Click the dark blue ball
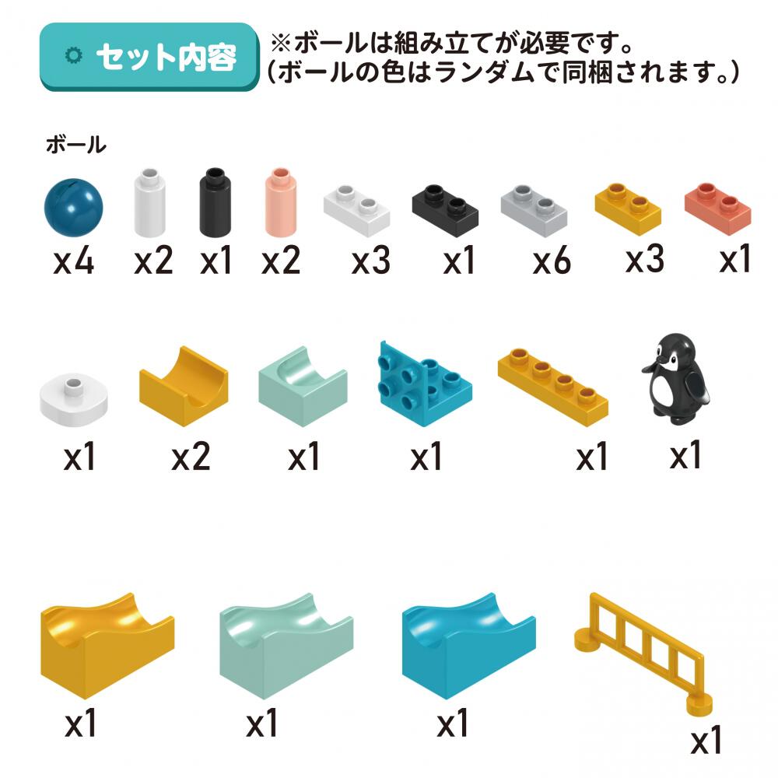[x=73, y=208]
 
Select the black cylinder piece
[x=215, y=202]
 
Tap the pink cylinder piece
[x=280, y=202]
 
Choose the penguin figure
[x=675, y=379]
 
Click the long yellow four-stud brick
[x=552, y=387]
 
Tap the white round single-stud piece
[x=73, y=400]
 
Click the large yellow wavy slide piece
[x=107, y=644]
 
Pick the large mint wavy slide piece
[x=286, y=644]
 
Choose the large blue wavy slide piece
[x=469, y=644]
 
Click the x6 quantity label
[x=552, y=261]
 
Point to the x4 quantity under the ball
[x=73, y=261]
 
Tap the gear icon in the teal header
[x=74, y=55]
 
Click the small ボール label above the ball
[x=76, y=145]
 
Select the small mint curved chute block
[x=303, y=386]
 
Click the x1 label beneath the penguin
[x=685, y=455]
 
